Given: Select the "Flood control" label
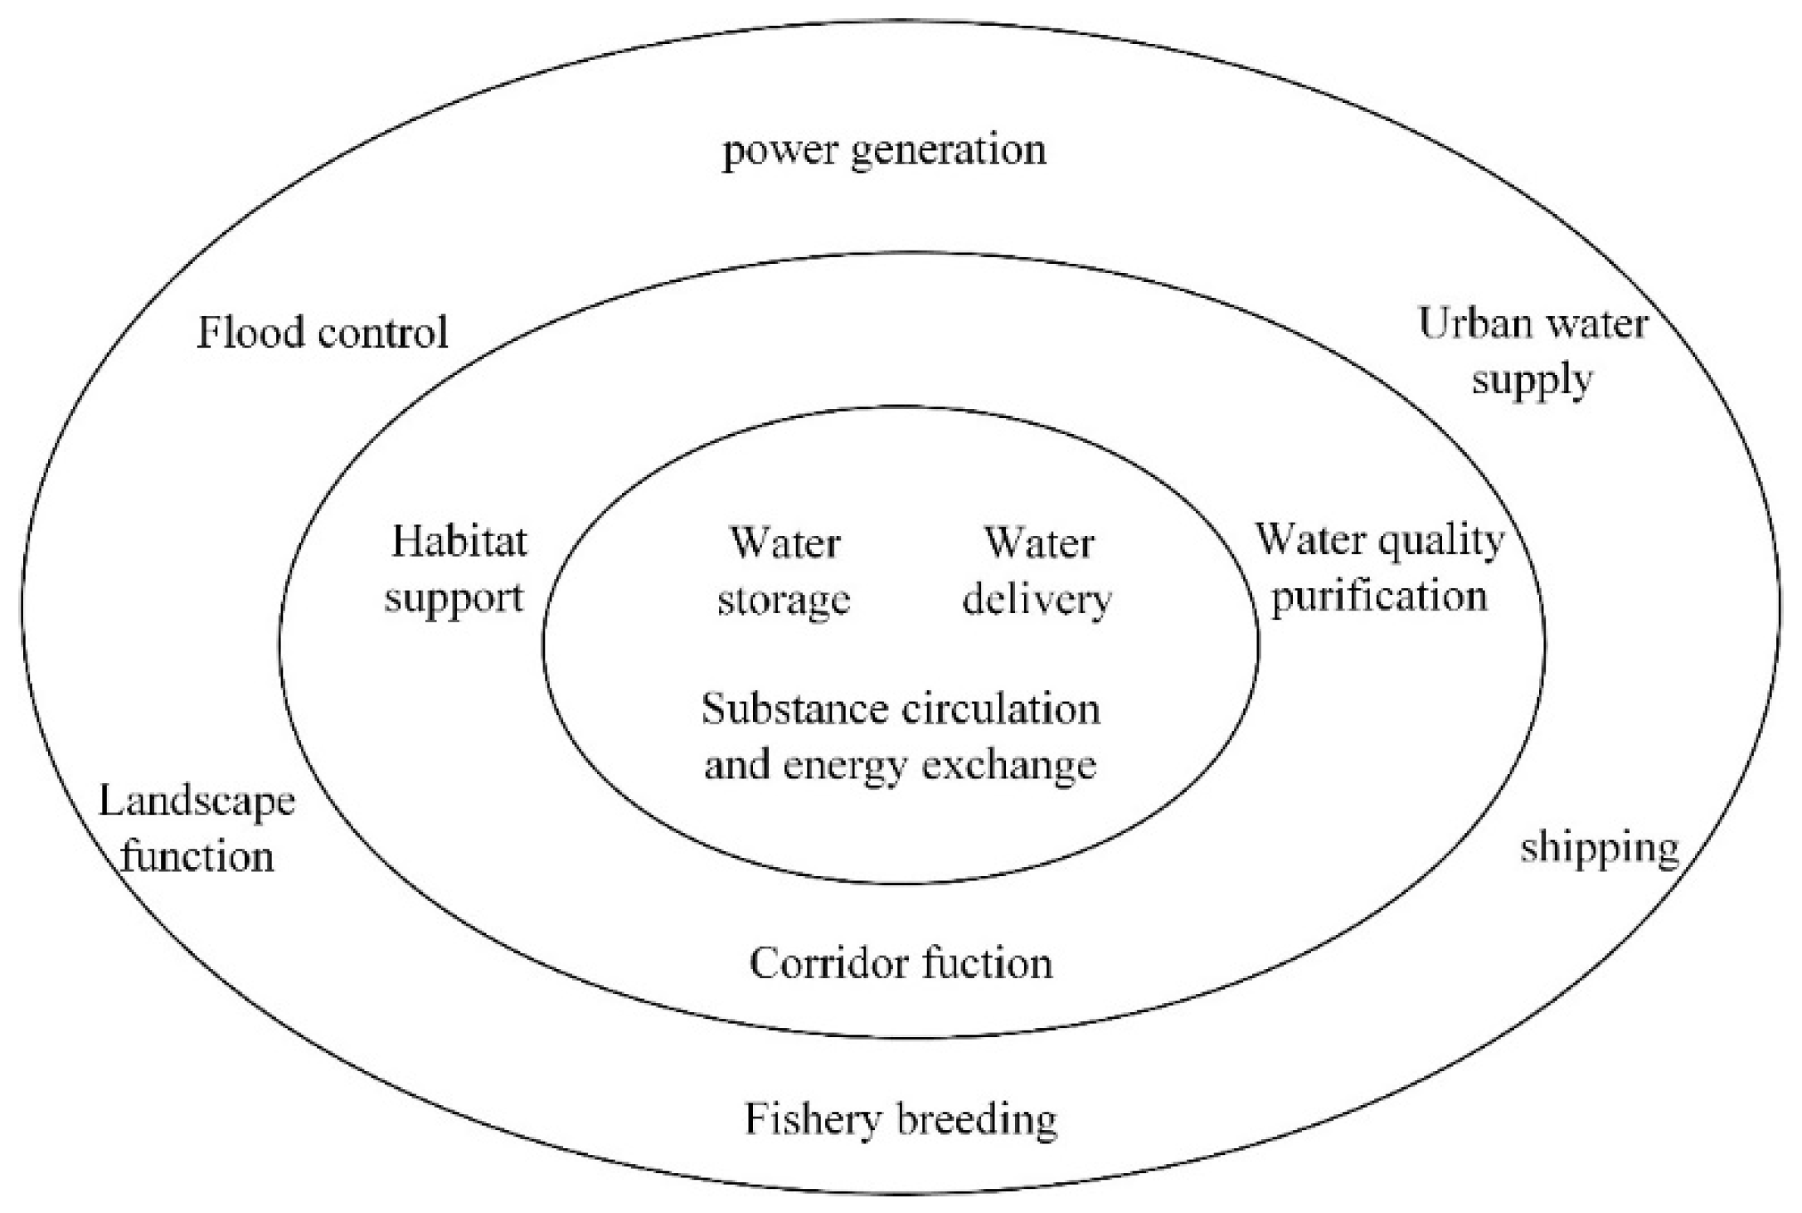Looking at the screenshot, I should coord(323,333).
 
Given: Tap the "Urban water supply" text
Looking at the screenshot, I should coord(1532,351).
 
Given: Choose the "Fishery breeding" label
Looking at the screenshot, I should coord(901,1119).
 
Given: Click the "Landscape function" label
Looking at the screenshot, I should coord(197,829).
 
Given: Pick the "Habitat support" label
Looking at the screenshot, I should coord(456,569).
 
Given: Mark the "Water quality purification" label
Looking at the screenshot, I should coord(1380,568).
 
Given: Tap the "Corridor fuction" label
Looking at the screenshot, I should coord(901,963).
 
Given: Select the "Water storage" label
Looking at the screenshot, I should coord(784,571).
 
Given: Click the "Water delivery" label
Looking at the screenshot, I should coord(1037,571).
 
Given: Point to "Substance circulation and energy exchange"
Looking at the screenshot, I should coord(901,736).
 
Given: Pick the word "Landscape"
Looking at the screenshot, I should coord(197,802).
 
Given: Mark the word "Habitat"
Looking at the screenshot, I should coord(459,543).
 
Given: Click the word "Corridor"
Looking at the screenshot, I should coord(821,963).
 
